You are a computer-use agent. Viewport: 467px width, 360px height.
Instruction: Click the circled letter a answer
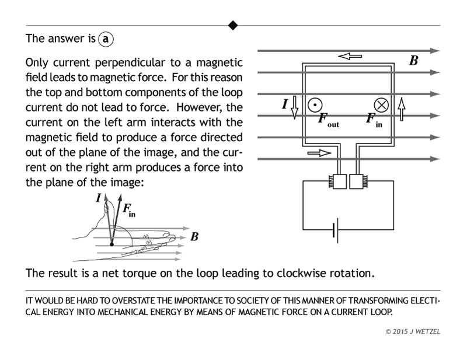coord(106,39)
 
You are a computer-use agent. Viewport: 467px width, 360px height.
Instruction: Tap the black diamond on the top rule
coord(233,25)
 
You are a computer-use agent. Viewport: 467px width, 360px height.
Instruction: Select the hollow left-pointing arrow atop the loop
coord(351,57)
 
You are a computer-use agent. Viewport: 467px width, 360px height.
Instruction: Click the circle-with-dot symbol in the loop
coord(315,104)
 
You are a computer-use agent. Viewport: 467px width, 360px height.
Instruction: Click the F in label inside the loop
coord(374,120)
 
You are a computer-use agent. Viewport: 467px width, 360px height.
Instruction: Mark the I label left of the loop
coord(285,104)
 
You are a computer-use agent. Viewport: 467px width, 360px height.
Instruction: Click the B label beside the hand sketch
coord(194,237)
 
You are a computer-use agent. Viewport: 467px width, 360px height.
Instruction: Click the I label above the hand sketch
coord(98,198)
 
